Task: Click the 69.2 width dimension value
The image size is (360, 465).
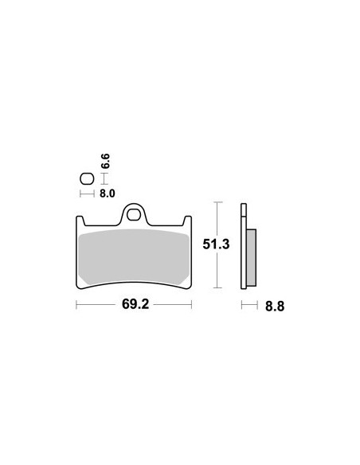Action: pyautogui.click(x=134, y=304)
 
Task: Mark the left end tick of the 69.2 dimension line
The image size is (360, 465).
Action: pyautogui.click(x=76, y=304)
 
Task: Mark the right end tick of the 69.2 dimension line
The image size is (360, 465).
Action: pyautogui.click(x=192, y=304)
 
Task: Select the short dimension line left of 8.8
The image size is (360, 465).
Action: pyautogui.click(x=248, y=304)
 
